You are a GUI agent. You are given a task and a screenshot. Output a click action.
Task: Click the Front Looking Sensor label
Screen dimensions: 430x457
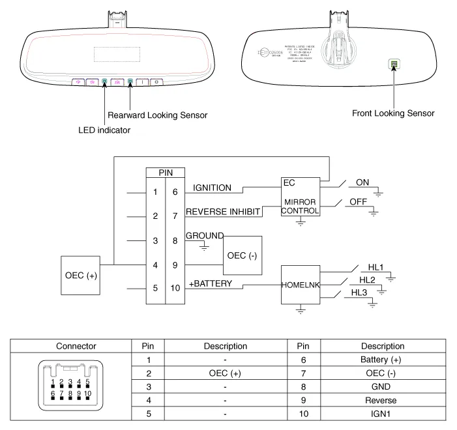pos(393,113)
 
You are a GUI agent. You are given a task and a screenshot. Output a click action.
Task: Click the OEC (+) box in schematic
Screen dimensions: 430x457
pos(81,276)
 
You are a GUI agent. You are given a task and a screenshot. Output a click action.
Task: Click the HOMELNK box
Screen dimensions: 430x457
pos(301,285)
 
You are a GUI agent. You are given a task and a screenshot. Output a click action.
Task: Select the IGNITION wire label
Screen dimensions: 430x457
pos(213,188)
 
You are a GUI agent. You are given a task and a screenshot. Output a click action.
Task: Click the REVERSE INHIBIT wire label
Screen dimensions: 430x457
pos(222,212)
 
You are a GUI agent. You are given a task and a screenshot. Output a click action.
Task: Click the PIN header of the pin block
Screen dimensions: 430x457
pos(165,173)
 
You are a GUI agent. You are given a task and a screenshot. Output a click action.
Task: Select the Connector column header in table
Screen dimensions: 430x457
pos(76,346)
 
